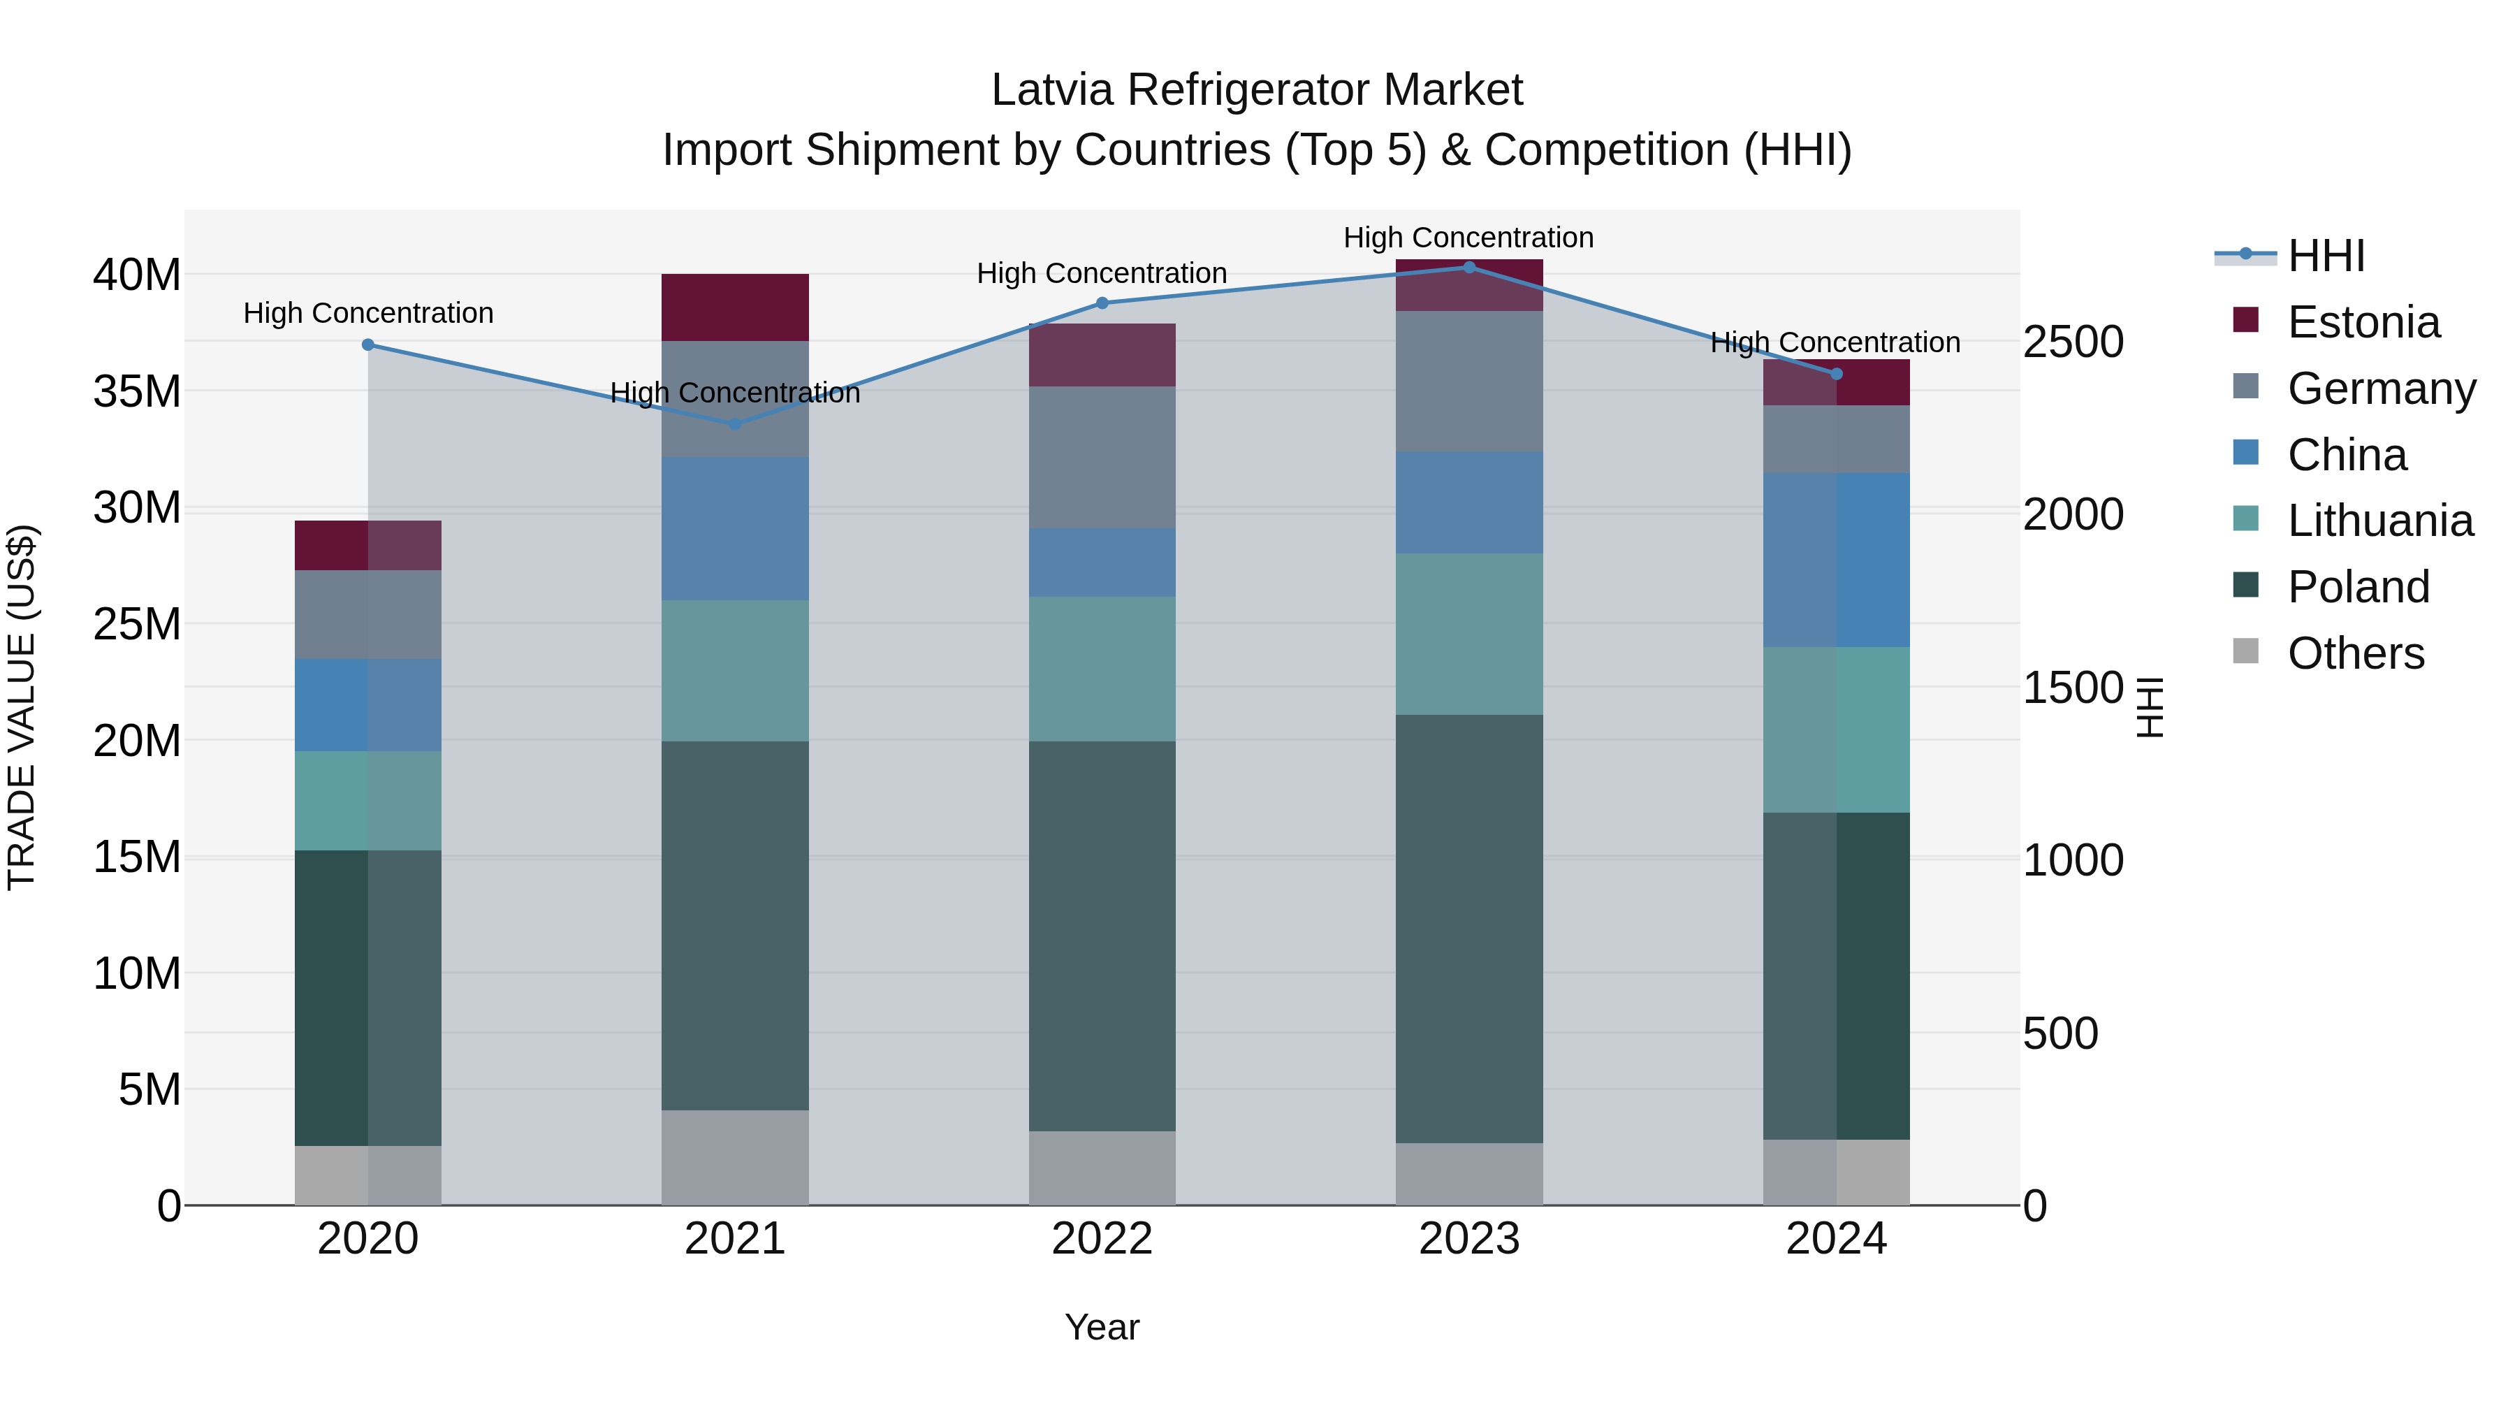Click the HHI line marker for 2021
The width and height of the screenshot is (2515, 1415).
[735, 424]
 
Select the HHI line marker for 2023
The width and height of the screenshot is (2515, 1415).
[1468, 268]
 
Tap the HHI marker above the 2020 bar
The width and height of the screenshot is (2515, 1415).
[368, 344]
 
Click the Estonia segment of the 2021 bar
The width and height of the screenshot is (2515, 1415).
[735, 307]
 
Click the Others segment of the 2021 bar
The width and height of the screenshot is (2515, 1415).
[735, 1156]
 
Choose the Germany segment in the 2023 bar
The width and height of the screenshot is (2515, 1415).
[1468, 381]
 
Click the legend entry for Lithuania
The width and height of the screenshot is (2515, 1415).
[2379, 521]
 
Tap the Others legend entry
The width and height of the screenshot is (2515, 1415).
[2355, 653]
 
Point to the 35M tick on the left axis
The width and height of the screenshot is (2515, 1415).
[137, 391]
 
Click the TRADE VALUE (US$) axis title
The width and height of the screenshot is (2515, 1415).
[22, 707]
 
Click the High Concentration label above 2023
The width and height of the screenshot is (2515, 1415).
[1468, 238]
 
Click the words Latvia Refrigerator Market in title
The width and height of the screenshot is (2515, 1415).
[1257, 90]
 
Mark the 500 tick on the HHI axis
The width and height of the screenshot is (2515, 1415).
[2060, 1033]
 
